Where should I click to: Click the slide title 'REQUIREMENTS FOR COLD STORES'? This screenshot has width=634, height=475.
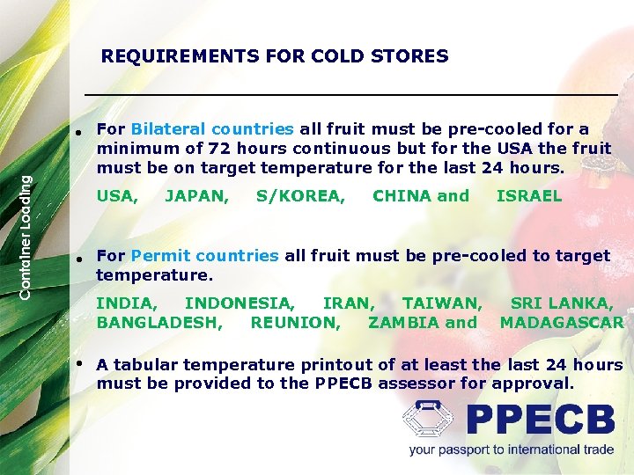(x=275, y=57)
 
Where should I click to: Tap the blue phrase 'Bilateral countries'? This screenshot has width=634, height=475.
(x=212, y=129)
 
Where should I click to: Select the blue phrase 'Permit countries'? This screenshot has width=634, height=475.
(x=204, y=256)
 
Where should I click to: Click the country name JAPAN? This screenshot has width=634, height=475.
(x=197, y=196)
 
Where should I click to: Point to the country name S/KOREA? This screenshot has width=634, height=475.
(x=300, y=196)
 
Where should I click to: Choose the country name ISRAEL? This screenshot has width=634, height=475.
(x=528, y=196)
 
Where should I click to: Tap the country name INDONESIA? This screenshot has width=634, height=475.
(x=240, y=303)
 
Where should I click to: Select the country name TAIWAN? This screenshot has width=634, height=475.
(x=442, y=303)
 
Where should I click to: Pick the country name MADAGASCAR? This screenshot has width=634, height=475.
(x=562, y=323)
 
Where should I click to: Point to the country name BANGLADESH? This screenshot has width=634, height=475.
(x=159, y=323)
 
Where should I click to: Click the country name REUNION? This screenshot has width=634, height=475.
(x=295, y=323)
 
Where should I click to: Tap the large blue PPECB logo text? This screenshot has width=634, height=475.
(x=540, y=420)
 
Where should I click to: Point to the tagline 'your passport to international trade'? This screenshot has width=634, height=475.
(x=511, y=450)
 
